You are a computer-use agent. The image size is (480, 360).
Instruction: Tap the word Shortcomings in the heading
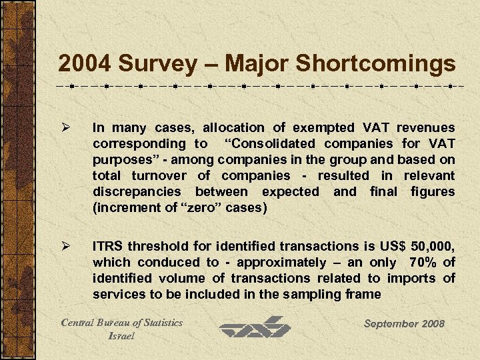click(x=376, y=64)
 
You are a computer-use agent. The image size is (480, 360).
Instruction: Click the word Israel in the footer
click(x=121, y=335)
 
